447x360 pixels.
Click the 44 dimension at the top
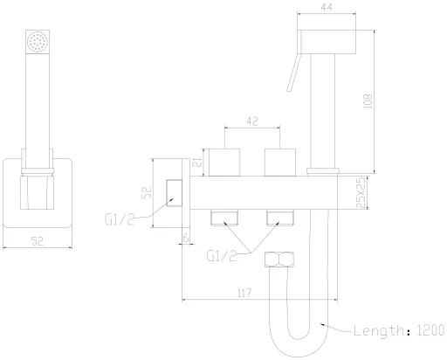tap(327, 7)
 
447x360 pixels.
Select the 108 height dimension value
tap(368, 101)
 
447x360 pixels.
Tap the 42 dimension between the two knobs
tap(252, 121)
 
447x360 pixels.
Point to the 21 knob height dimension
tap(198, 163)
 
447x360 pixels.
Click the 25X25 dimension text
tap(361, 192)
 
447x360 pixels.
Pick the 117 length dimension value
tap(244, 293)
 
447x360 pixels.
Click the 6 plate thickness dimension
tap(186, 238)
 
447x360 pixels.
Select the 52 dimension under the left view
tap(38, 241)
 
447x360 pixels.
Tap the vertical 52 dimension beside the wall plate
tap(147, 192)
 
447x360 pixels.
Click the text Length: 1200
tap(399, 330)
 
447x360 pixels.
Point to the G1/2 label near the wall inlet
tap(120, 219)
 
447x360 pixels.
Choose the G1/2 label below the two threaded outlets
tap(221, 256)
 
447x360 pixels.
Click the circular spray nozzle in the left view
tap(38, 42)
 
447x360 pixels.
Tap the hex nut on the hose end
tap(279, 260)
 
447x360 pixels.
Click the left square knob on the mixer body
tap(224, 163)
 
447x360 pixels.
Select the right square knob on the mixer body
tap(280, 163)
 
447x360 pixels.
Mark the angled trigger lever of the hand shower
tap(293, 73)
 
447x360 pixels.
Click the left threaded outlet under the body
tap(224, 218)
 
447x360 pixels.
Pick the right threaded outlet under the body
tap(280, 218)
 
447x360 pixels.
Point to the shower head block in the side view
tap(327, 42)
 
